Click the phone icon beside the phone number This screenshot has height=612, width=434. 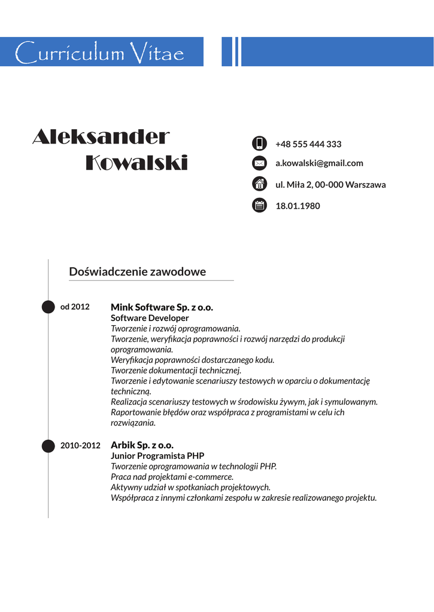click(259, 143)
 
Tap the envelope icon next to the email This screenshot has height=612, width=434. click(259, 163)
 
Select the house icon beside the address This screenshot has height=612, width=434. click(259, 184)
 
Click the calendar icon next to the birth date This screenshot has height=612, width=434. click(259, 206)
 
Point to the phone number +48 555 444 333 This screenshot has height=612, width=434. click(308, 144)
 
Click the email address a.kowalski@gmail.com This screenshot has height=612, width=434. click(319, 163)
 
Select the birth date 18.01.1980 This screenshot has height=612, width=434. click(298, 206)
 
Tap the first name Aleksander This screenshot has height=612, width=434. click(101, 137)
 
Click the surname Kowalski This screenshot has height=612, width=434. click(136, 163)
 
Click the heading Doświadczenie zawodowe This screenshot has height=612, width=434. click(137, 272)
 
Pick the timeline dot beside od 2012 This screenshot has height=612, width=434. click(48, 307)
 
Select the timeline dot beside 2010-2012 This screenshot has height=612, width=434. click(48, 446)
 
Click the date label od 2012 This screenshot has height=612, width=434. click(75, 307)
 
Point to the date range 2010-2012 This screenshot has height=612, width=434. click(80, 446)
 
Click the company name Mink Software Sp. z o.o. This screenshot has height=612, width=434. click(162, 307)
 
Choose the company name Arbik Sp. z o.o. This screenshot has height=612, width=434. click(142, 445)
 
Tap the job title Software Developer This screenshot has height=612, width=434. click(150, 318)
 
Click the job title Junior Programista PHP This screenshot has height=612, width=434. click(157, 455)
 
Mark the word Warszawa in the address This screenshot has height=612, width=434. click(366, 185)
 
